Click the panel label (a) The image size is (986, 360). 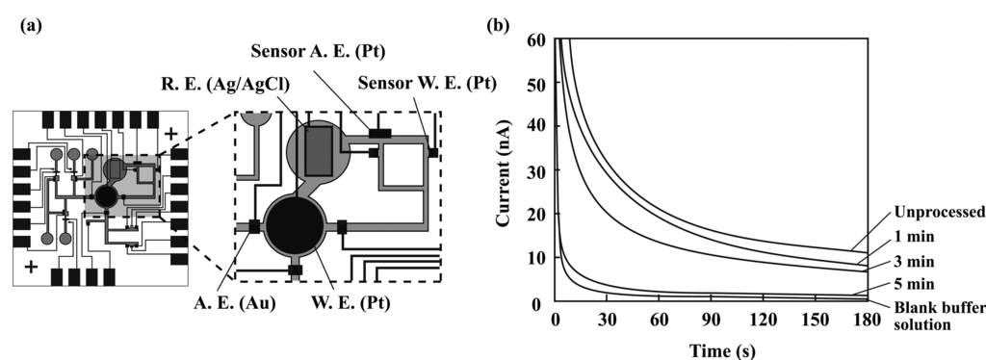pyautogui.click(x=32, y=26)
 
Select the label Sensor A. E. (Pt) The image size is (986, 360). pyautogui.click(x=318, y=52)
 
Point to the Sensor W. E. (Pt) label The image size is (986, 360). pyautogui.click(x=427, y=83)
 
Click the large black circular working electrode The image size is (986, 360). pyautogui.click(x=295, y=225)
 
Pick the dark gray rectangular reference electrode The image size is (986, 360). pyautogui.click(x=318, y=151)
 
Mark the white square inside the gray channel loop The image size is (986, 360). pyautogui.click(x=402, y=164)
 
